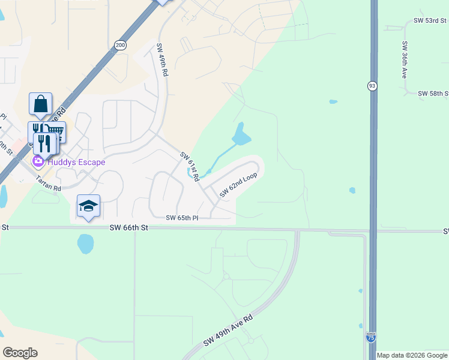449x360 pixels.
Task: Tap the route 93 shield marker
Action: pos(373,86)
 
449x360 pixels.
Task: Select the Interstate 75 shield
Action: pos(371,338)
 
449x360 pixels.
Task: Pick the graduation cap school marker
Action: pos(88,206)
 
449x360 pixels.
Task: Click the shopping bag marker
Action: pos(40,104)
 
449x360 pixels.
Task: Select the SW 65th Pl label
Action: pos(182,218)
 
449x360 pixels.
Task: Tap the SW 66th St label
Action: pos(128,228)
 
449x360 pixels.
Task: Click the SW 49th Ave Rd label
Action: pos(228,331)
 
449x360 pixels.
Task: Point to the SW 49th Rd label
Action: pos(162,59)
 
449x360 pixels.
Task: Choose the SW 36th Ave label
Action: pos(405,60)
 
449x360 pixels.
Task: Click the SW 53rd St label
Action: pos(430,20)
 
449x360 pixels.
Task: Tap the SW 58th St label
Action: pos(433,94)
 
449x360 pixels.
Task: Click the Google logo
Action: pos(20,353)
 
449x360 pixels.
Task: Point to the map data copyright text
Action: pos(412,355)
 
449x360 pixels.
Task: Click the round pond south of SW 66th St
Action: pos(85,243)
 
